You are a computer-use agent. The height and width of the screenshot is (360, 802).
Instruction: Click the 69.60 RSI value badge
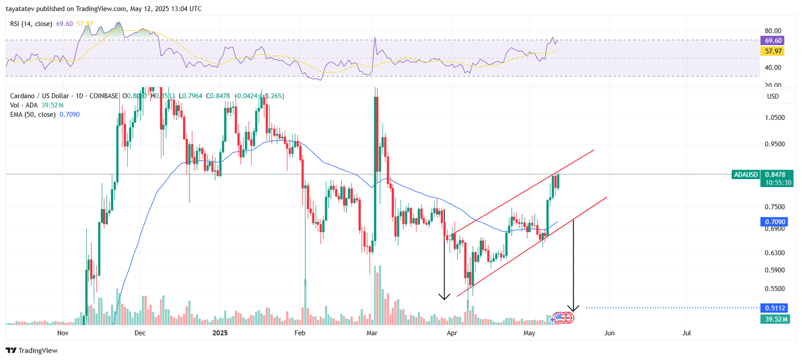point(773,41)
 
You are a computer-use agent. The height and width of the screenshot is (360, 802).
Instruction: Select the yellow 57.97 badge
point(773,51)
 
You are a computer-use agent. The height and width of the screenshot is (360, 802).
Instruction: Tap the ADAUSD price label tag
point(746,174)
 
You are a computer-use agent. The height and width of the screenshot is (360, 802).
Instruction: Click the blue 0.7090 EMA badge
point(775,222)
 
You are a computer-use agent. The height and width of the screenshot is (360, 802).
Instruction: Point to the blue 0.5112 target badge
point(775,308)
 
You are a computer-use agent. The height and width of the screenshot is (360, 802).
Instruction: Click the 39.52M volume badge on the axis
point(776,319)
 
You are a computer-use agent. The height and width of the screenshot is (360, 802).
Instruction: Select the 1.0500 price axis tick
point(774,117)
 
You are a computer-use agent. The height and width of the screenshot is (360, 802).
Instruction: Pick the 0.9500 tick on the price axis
point(774,144)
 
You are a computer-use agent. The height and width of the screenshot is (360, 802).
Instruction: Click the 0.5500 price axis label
point(774,288)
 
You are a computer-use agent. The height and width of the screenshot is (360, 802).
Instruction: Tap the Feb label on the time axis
point(300,333)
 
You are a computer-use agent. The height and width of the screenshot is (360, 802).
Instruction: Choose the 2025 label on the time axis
point(220,333)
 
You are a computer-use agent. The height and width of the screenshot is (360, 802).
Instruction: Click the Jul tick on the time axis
point(687,333)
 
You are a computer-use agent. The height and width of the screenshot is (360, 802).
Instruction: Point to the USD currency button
point(773,96)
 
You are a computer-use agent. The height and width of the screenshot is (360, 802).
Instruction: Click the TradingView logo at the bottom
point(32,350)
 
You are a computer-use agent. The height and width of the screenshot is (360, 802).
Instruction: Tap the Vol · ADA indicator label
point(24,105)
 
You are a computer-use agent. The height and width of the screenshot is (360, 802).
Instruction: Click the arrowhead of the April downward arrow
point(444,297)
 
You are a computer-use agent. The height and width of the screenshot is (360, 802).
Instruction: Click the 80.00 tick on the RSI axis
point(773,31)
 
